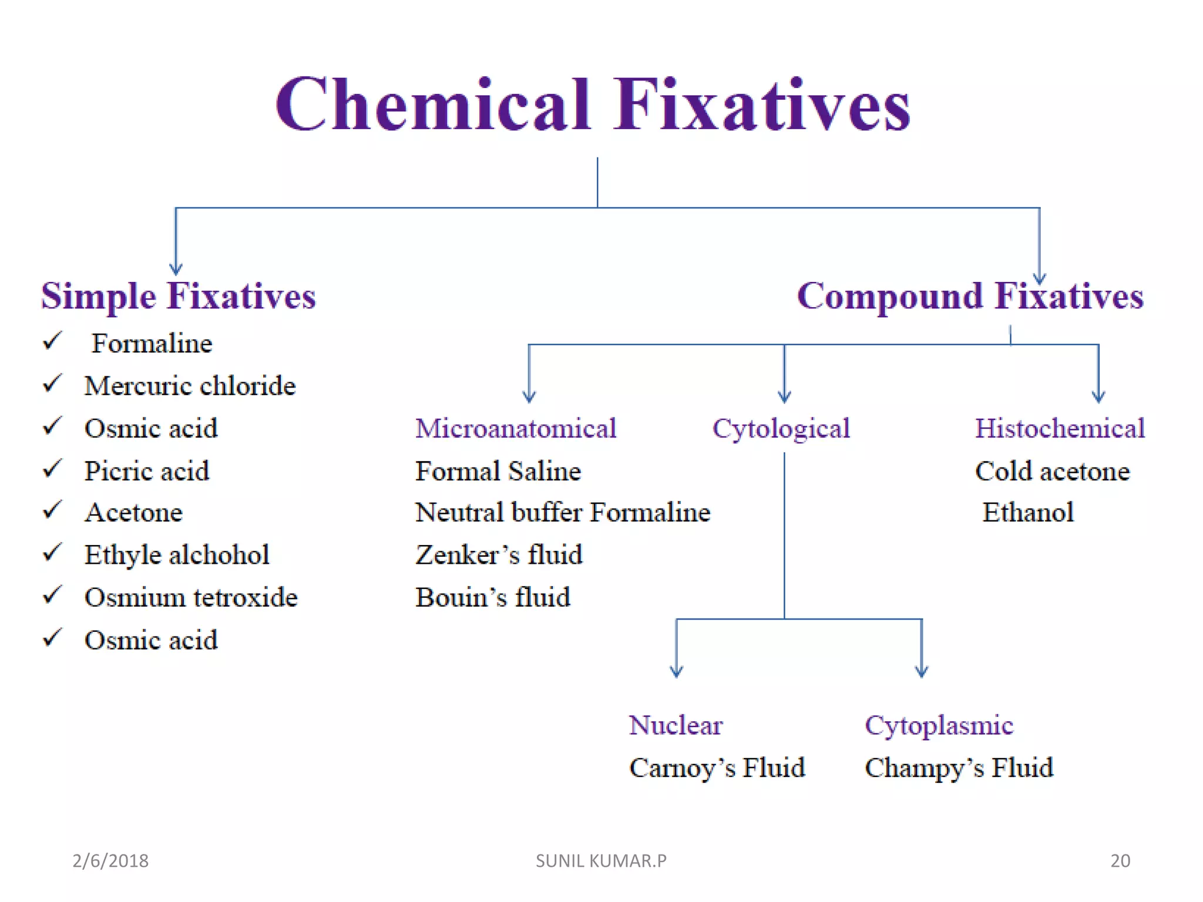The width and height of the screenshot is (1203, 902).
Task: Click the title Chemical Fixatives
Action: (593, 106)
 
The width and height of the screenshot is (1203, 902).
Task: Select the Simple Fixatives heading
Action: (179, 296)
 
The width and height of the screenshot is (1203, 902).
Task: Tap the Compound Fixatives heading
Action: (970, 296)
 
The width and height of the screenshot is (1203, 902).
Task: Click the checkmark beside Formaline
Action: (53, 341)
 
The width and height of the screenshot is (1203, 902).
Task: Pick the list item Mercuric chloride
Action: (190, 386)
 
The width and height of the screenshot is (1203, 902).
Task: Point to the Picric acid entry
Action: (147, 471)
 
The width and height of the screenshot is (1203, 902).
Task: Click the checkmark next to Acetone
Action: (53, 510)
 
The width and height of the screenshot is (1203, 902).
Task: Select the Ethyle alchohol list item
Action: (177, 555)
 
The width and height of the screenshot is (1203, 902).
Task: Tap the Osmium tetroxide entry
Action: (191, 598)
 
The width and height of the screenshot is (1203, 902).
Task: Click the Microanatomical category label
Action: (516, 429)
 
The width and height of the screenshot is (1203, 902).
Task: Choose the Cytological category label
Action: (781, 429)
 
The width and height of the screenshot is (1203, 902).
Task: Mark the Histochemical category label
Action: (1060, 429)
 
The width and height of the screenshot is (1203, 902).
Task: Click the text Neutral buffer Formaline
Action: (563, 513)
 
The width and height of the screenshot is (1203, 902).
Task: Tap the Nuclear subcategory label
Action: (676, 725)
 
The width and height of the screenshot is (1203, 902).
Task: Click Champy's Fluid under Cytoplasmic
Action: (959, 768)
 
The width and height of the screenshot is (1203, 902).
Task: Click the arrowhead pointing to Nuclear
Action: (677, 672)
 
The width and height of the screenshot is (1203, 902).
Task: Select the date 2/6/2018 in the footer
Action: (110, 861)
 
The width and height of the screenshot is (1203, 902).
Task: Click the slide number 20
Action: (1120, 861)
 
